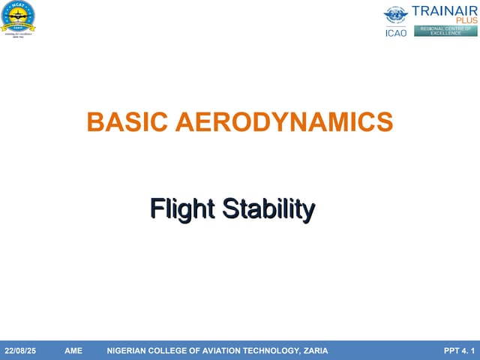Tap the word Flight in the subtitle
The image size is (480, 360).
click(x=177, y=209)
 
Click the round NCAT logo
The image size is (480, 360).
click(x=20, y=15)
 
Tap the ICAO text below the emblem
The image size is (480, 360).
click(x=396, y=32)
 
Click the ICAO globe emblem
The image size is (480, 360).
click(x=396, y=16)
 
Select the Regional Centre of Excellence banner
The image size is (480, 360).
click(x=445, y=31)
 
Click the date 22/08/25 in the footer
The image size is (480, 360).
click(x=20, y=351)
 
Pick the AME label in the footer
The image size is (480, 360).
click(x=73, y=351)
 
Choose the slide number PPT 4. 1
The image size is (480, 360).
click(x=459, y=351)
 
